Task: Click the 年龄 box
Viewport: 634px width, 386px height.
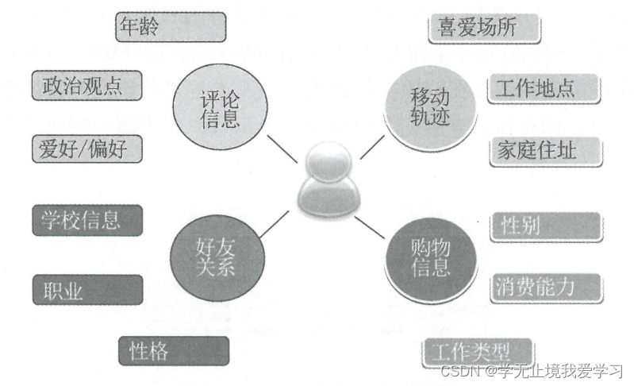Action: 170,25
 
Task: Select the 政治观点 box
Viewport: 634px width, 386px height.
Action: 87,86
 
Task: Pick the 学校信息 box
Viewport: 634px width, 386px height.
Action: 87,219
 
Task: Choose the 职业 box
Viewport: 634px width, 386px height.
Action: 87,291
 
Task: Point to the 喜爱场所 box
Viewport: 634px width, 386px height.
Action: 485,28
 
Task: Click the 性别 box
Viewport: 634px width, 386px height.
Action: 544,226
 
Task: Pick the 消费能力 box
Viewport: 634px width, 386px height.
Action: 544,284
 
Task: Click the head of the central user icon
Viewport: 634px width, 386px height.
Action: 325,159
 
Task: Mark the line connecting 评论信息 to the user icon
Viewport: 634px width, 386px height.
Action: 282,147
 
